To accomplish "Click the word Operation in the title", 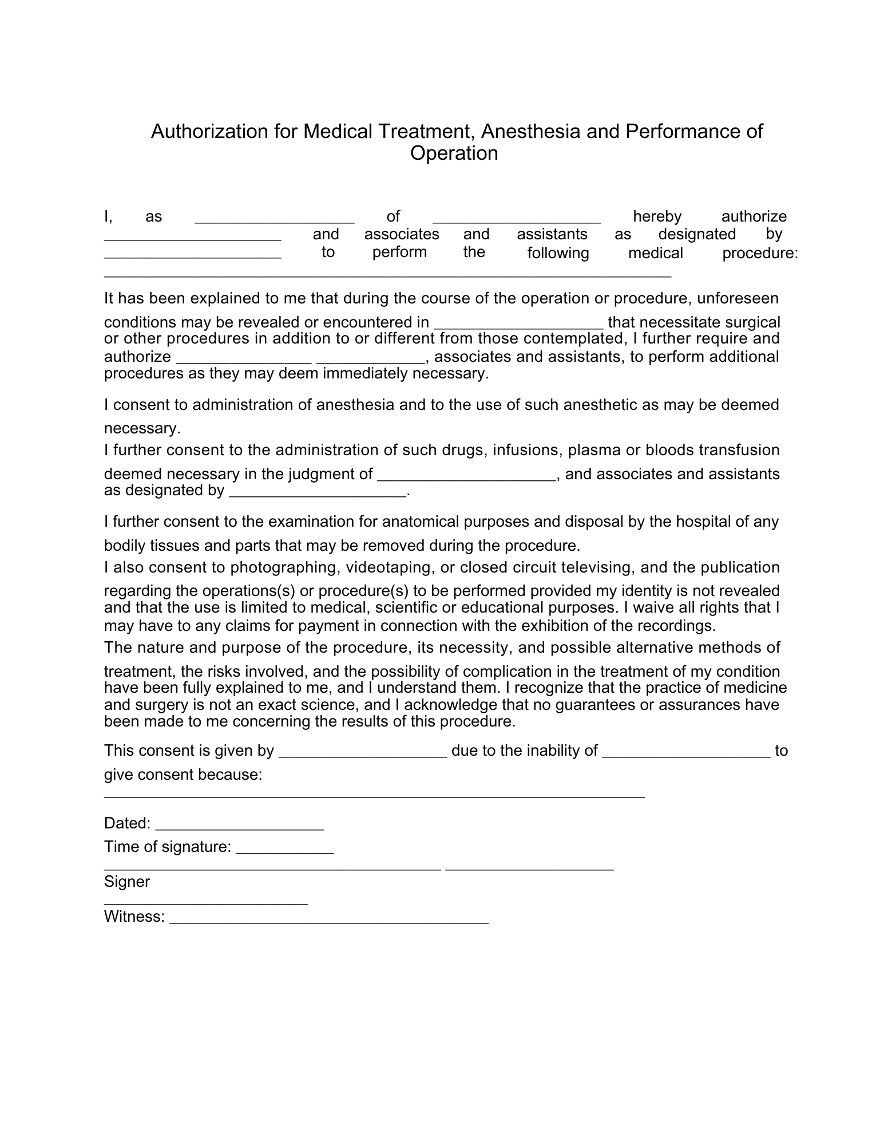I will point(454,154).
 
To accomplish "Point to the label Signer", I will point(126,881).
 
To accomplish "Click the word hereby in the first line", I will point(657,216).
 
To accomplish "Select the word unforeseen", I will point(738,298).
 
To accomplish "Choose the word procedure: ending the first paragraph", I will point(760,253).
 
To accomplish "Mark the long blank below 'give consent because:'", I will point(374,796).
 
